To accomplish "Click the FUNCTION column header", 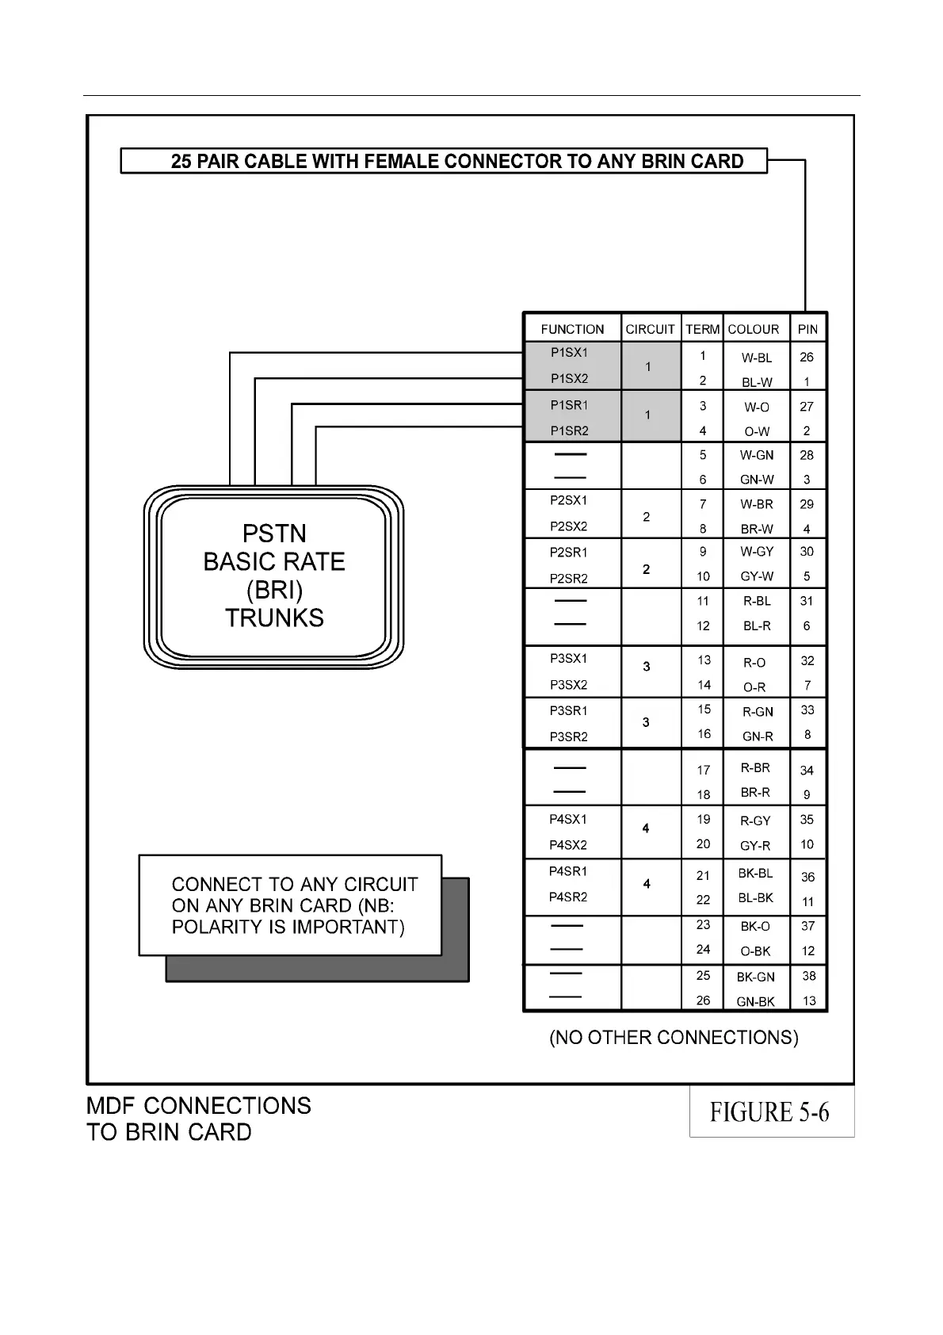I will click(x=572, y=329).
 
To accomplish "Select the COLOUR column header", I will click(x=753, y=329).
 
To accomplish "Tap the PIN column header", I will click(x=807, y=329).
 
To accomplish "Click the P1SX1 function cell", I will click(x=570, y=352).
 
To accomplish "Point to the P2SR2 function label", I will click(x=569, y=578).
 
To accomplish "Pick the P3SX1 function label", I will click(x=569, y=658).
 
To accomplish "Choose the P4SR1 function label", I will click(x=568, y=871).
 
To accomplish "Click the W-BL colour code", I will click(x=757, y=358).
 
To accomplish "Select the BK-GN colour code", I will click(x=756, y=977).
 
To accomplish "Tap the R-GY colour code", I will click(x=755, y=821).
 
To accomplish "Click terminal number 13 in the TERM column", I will click(x=704, y=660).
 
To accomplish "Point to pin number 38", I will click(x=808, y=976).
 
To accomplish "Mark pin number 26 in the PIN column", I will click(x=807, y=357).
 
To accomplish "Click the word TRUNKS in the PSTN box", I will click(x=274, y=618).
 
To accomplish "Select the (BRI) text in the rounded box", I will click(x=274, y=590).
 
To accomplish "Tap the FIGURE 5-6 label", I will click(x=769, y=1112).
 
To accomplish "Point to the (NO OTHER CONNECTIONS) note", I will click(x=674, y=1037).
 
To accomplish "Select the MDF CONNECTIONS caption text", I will click(x=199, y=1105).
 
